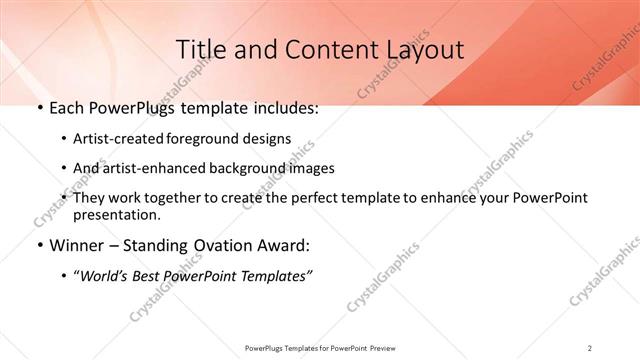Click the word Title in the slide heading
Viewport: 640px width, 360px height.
200,49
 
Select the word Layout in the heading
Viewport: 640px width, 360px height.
421,49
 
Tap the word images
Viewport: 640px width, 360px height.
311,168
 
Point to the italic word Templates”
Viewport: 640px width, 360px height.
277,276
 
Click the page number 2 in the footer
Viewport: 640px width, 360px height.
590,348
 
